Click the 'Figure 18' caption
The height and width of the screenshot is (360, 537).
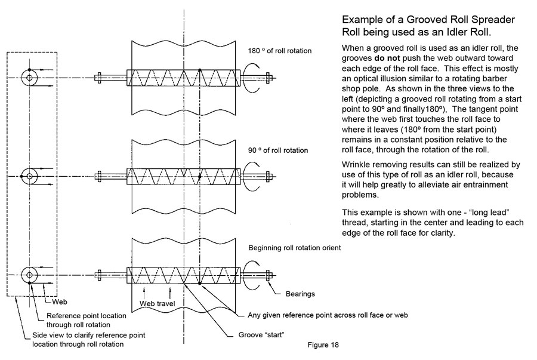(x=323, y=344)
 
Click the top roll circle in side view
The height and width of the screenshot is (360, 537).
(x=29, y=77)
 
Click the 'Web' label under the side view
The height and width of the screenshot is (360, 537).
(x=60, y=302)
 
